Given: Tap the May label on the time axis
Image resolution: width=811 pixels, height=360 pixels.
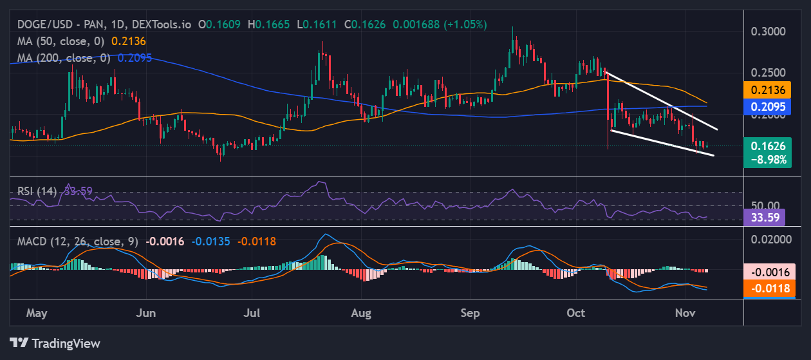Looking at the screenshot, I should pos(37,313).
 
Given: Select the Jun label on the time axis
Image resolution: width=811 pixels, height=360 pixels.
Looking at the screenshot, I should pos(147,313).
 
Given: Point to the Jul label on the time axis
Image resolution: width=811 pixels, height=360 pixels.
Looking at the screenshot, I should pos(252,313).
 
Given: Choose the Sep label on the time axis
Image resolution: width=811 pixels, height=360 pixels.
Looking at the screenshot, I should pos(471,313).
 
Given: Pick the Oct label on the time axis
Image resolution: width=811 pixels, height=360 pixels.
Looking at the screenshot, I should pos(576,313).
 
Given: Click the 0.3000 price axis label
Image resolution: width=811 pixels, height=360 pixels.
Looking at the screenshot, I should pos(769,31).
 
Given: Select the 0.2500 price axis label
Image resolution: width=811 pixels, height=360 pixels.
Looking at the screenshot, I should pos(769,72).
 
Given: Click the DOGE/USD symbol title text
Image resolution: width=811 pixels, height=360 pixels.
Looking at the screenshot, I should pos(38,24).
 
